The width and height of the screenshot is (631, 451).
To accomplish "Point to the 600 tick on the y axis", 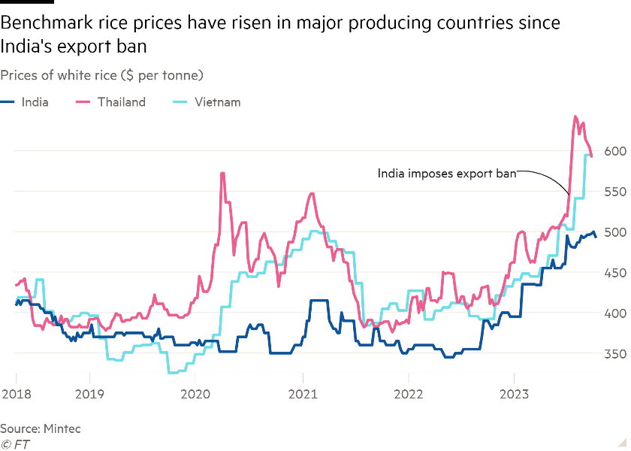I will point(612,151).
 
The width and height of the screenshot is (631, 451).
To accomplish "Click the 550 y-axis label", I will point(612,192).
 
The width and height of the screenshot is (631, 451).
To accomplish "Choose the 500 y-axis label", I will point(612,232).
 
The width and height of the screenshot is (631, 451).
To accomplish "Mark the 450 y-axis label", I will point(612,273).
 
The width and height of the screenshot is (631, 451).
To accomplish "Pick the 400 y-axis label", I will point(612,313).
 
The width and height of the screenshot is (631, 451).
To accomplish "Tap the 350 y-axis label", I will point(612,354).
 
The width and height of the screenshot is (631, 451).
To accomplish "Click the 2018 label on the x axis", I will point(15,394).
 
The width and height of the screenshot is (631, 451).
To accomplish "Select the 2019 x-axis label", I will point(89,394).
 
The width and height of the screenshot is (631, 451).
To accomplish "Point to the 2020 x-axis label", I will point(195,394).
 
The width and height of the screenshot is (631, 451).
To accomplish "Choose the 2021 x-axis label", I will point(301,394).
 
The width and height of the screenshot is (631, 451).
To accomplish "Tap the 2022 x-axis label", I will point(407,394).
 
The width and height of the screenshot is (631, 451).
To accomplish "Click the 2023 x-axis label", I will point(513,394).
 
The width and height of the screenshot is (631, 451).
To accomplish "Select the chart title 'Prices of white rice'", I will point(102,75).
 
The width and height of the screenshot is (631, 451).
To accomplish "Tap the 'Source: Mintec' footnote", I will point(40,428).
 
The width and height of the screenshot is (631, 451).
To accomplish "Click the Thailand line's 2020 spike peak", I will point(222,174).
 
